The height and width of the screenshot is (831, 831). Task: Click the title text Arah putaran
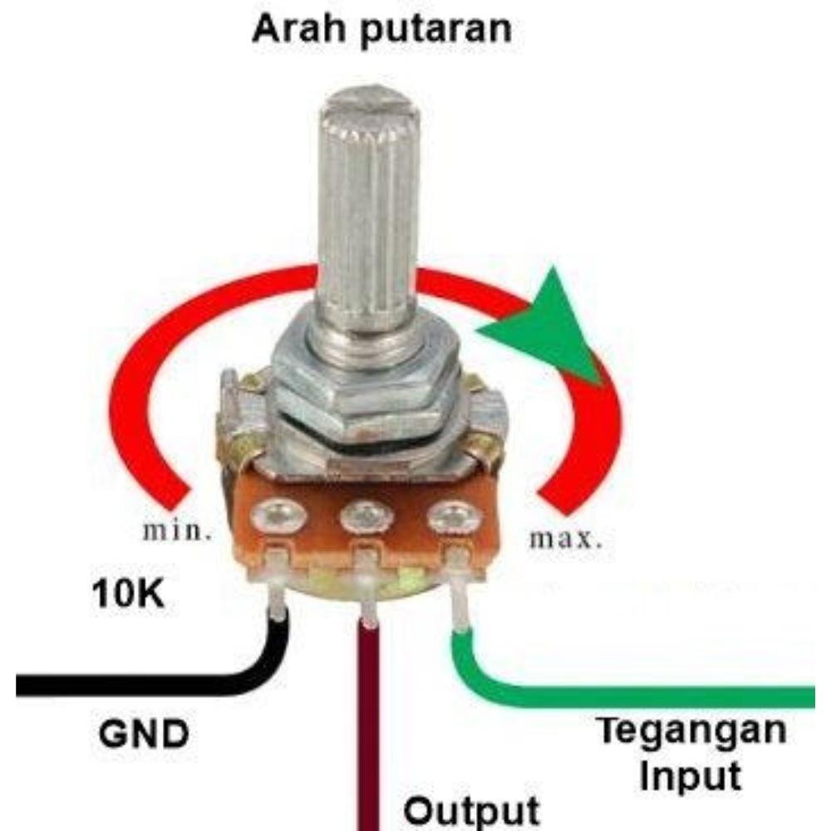point(381,29)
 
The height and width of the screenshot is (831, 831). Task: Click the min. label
point(174,532)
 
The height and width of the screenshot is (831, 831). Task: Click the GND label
point(144,735)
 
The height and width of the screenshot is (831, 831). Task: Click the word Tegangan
point(692,731)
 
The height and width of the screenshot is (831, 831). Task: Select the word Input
point(691,776)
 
